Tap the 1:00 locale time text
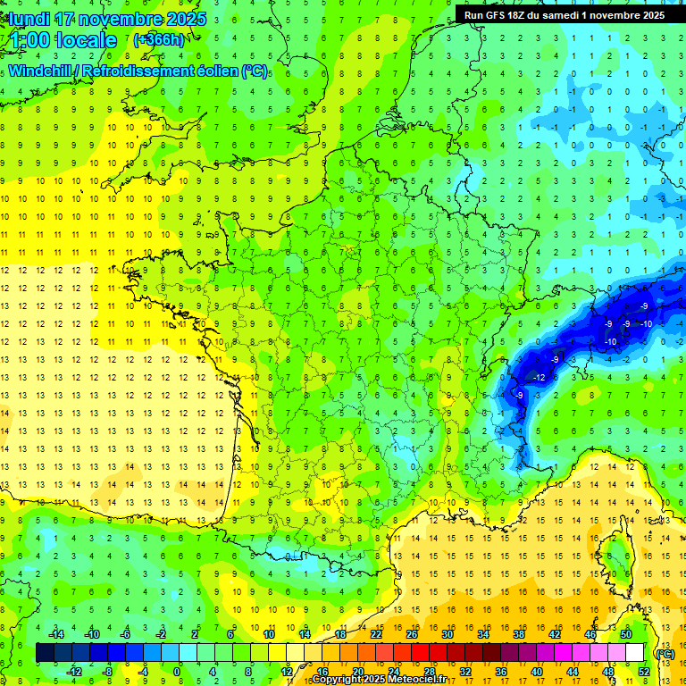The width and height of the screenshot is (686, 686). (x=64, y=40)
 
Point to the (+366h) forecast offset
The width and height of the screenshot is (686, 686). (x=159, y=40)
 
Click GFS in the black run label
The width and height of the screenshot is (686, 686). (x=499, y=15)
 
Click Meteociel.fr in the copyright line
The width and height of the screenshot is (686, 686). (x=410, y=680)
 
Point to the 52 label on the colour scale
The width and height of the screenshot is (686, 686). (x=643, y=671)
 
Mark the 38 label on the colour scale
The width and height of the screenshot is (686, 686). (x=518, y=634)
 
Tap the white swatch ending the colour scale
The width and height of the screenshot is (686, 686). (x=634, y=653)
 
